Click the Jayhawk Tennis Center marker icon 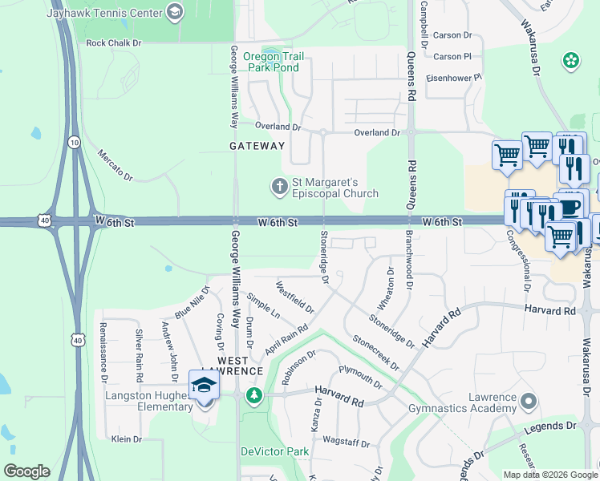(175, 12)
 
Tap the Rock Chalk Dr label (113, 42)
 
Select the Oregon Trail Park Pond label (273, 62)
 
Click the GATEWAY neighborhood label (257, 146)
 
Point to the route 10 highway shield (74, 142)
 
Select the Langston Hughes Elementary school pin (204, 386)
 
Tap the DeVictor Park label (275, 451)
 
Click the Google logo (26, 471)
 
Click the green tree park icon (254, 394)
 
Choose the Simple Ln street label (263, 306)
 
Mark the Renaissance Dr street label (103, 352)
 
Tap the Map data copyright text (549, 475)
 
